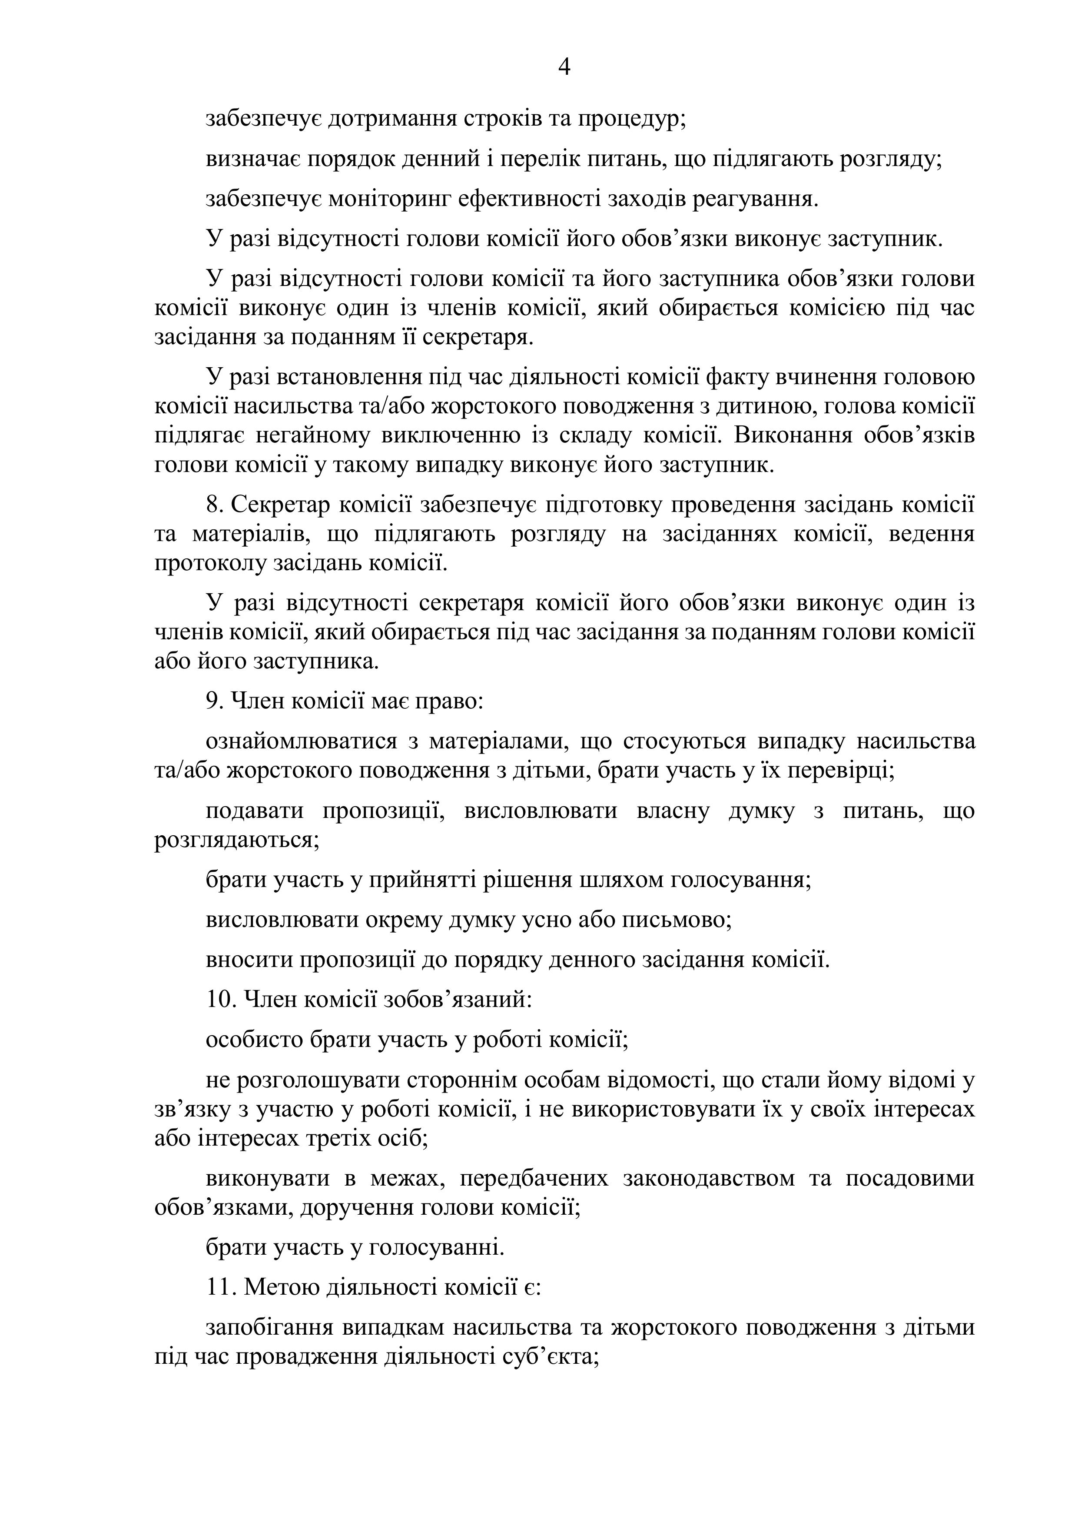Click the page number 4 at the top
564,67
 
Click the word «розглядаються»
236,840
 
